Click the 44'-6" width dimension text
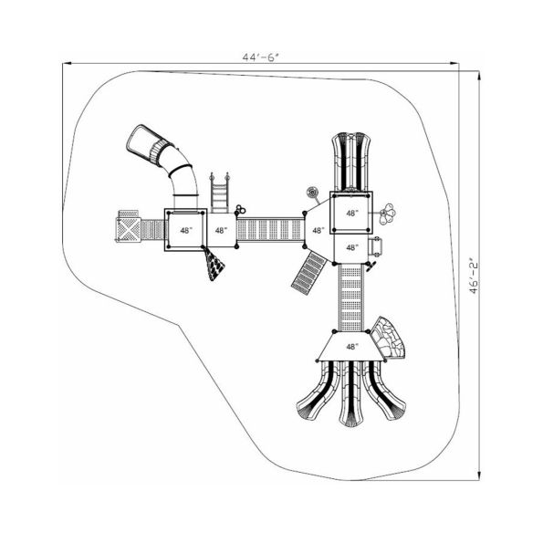tap(259, 57)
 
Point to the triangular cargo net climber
tap(215, 266)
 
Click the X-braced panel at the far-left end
tap(128, 227)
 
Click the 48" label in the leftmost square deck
tap(185, 231)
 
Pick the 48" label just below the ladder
tap(222, 231)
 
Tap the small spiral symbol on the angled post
tap(313, 192)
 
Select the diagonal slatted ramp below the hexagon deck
tap(308, 272)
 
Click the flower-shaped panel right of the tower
tap(392, 214)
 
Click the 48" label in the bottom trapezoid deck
tap(351, 347)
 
